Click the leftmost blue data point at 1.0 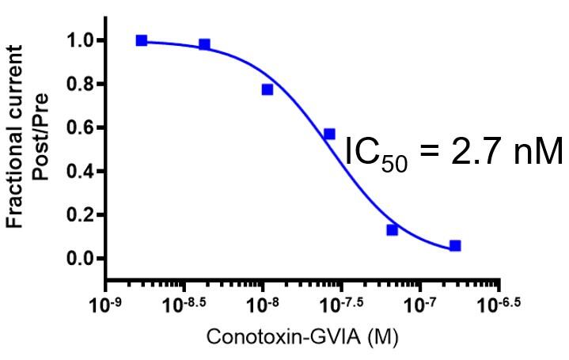142,40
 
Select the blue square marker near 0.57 329,135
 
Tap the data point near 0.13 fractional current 392,230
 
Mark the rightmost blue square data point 455,246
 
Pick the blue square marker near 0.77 267,89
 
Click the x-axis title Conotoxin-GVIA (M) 302,337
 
